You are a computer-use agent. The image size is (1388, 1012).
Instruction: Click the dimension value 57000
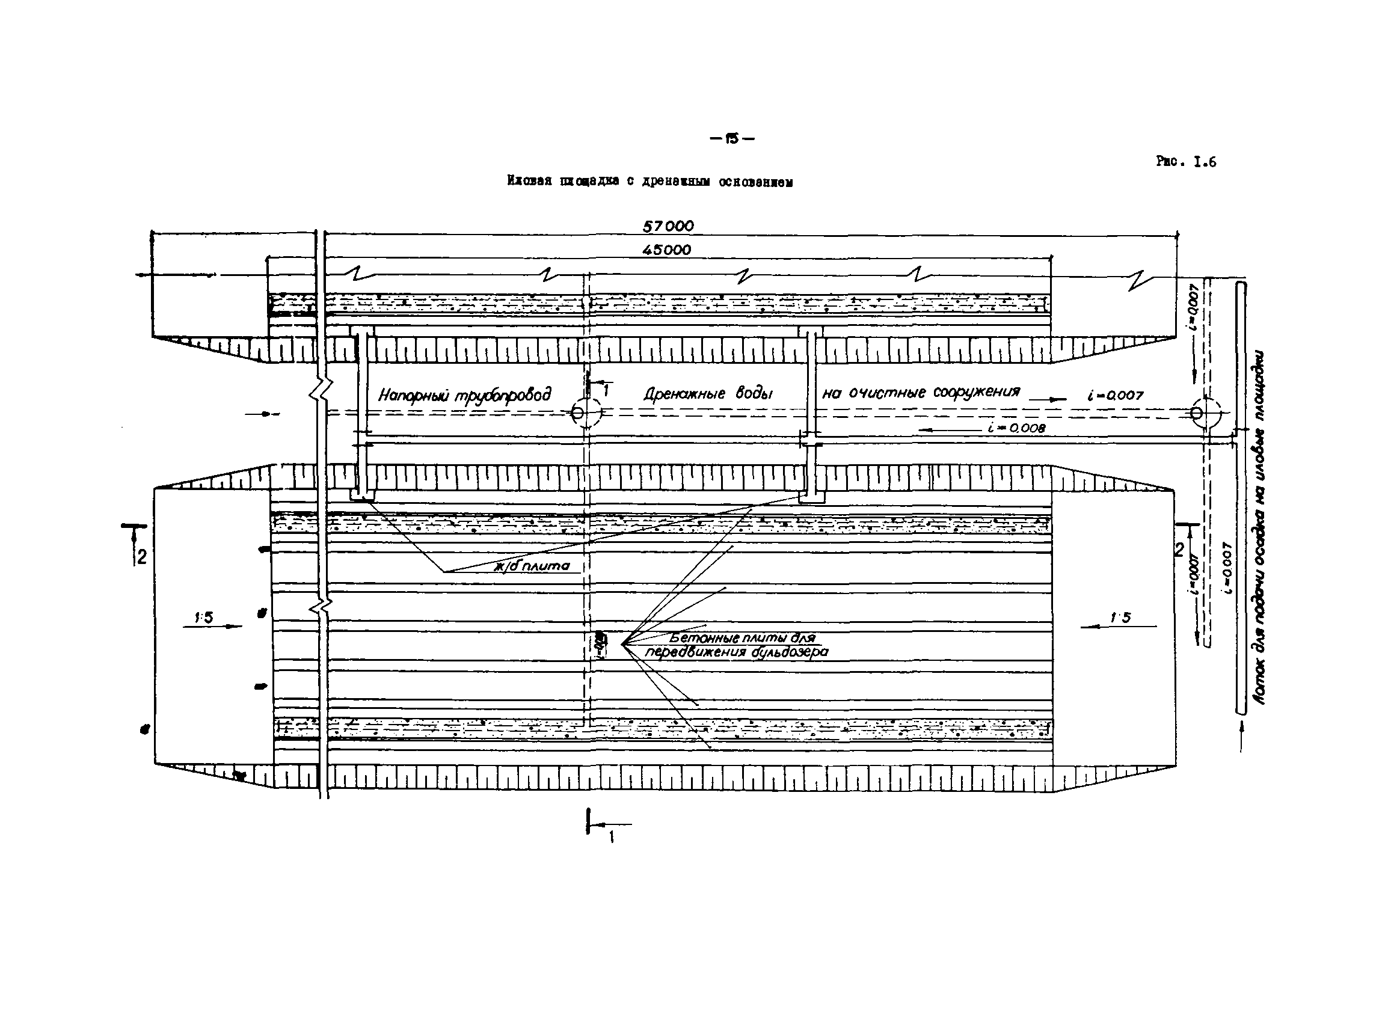(x=668, y=226)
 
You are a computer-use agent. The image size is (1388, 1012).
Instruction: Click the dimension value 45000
(x=666, y=250)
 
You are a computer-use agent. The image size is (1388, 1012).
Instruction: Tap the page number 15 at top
(x=731, y=139)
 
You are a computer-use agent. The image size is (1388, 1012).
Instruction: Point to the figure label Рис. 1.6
(x=1186, y=162)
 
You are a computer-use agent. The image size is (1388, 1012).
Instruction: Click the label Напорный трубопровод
(x=464, y=395)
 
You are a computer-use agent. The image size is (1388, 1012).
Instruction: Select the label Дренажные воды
(x=707, y=393)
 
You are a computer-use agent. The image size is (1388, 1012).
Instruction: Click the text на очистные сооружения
(x=921, y=393)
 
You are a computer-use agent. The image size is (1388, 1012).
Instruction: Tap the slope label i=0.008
(x=1016, y=428)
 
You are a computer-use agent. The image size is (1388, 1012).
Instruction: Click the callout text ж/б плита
(x=532, y=566)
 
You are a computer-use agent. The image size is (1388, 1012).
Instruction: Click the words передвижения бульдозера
(x=737, y=652)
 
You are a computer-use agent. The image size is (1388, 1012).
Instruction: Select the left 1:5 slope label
(x=203, y=618)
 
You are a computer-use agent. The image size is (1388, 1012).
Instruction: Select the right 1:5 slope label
(x=1121, y=618)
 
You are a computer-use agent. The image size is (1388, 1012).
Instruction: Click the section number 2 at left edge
(x=141, y=557)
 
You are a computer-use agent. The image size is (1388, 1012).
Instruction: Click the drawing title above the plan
(x=649, y=182)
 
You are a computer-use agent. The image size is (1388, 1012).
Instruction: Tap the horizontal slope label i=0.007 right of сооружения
(x=1116, y=396)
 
